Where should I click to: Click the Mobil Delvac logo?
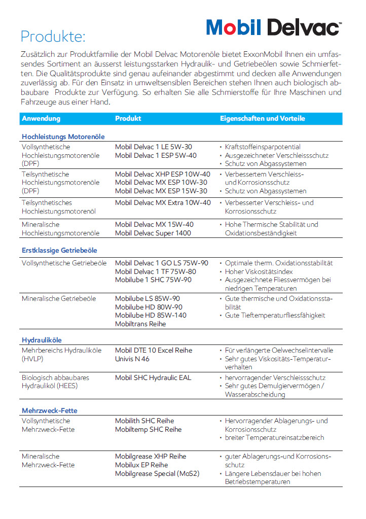[273, 26]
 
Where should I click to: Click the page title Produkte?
[53, 37]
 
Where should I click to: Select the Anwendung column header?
[41, 118]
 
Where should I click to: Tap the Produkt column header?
[128, 118]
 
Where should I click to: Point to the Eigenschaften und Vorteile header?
[262, 118]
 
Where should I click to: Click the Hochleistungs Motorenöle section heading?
[63, 136]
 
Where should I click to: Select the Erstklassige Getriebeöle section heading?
[59, 250]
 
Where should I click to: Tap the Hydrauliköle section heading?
[42, 340]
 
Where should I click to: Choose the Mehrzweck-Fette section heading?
[49, 410]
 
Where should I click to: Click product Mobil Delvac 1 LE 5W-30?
[153, 147]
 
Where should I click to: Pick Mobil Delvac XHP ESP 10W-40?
[162, 174]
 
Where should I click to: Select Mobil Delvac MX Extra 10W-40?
[162, 202]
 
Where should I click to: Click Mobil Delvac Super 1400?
[153, 233]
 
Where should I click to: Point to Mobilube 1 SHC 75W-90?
[153, 280]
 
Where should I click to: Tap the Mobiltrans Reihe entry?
[140, 324]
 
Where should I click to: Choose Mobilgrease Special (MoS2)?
[157, 473]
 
